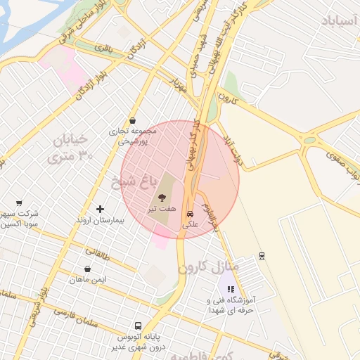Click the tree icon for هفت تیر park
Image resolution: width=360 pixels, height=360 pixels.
pos(162,199)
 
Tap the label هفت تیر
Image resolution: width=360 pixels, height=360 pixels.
pos(157,210)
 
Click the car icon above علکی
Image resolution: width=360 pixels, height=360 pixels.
pos(190,214)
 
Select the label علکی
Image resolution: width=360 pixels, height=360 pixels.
pos(191,225)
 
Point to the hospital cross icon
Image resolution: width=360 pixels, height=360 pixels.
pos(100,209)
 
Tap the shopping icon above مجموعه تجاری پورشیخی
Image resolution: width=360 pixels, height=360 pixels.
pos(133,120)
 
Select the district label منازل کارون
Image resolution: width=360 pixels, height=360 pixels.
pos(209,268)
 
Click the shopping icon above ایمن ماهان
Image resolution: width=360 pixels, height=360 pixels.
pos(87,269)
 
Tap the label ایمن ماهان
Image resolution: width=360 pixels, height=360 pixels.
pos(87,280)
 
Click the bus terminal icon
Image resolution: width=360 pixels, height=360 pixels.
pos(137,326)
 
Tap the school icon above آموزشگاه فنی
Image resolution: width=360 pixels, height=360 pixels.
pos(230,288)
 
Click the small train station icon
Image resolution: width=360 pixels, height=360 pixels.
pos(262,255)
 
